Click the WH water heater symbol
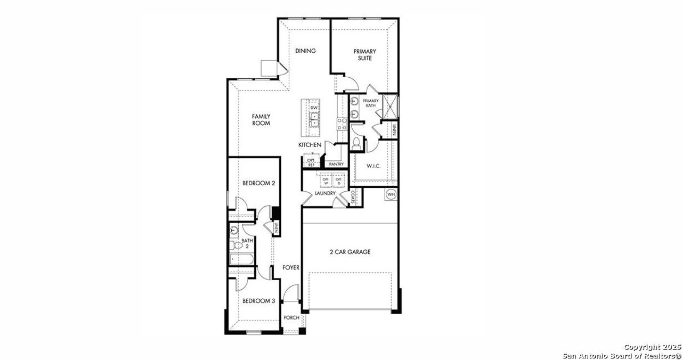click(391, 194)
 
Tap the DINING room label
click(306, 51)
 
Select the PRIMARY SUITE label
click(365, 55)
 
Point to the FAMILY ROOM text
click(261, 120)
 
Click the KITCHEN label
click(310, 145)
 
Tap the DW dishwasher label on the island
click(314, 108)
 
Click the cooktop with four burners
click(342, 124)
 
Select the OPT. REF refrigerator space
click(311, 162)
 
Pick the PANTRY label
click(336, 164)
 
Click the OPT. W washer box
click(324, 181)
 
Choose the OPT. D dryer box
click(338, 181)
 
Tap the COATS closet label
click(353, 198)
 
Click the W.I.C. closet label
click(373, 166)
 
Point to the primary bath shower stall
click(392, 105)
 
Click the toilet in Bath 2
click(233, 247)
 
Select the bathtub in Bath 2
click(241, 260)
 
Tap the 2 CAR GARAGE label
click(350, 252)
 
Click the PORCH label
click(291, 318)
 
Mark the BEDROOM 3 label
click(258, 301)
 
